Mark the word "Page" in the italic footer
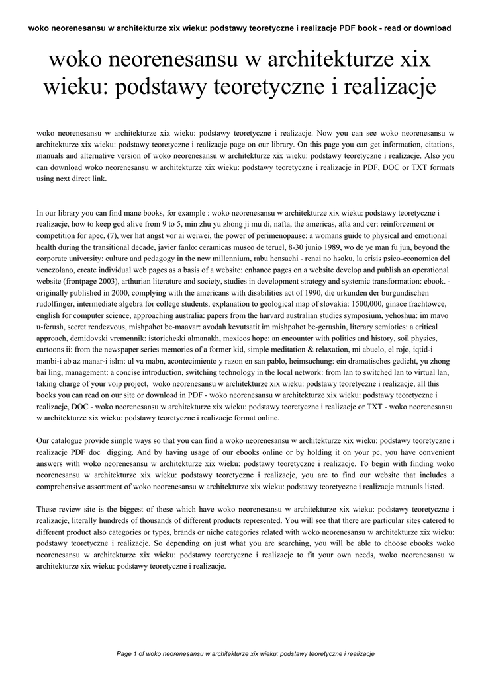(124, 653)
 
